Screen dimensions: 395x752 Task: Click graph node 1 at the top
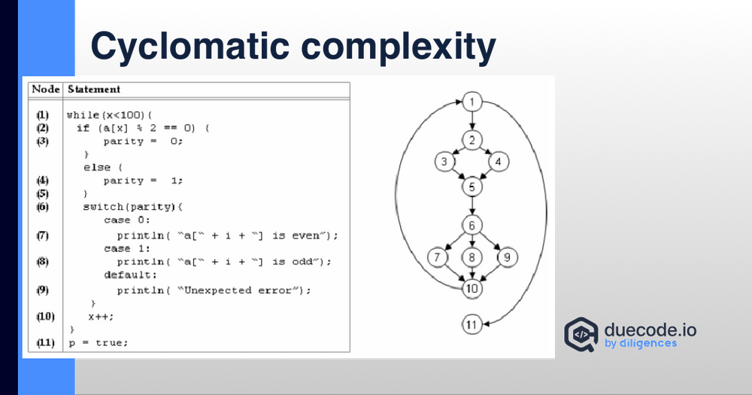(x=472, y=102)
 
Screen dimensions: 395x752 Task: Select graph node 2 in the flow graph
(x=472, y=140)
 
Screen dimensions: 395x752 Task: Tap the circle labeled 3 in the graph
(x=444, y=161)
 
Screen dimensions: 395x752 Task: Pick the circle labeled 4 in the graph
(x=499, y=161)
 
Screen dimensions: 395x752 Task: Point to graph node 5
(x=472, y=185)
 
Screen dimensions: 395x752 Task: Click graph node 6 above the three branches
(x=472, y=225)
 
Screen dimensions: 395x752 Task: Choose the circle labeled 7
(x=437, y=257)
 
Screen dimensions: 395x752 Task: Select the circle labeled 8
(x=472, y=257)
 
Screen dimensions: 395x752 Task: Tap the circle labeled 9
(x=507, y=257)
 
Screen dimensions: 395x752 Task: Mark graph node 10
(x=472, y=287)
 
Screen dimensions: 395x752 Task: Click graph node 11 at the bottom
(x=472, y=325)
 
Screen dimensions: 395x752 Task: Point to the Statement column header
(x=94, y=89)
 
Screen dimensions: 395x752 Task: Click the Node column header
(x=45, y=89)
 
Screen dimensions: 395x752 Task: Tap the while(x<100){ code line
(x=110, y=115)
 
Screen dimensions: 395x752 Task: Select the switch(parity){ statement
(x=133, y=206)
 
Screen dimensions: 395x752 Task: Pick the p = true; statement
(x=99, y=342)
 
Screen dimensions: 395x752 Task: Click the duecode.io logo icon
(x=581, y=333)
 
